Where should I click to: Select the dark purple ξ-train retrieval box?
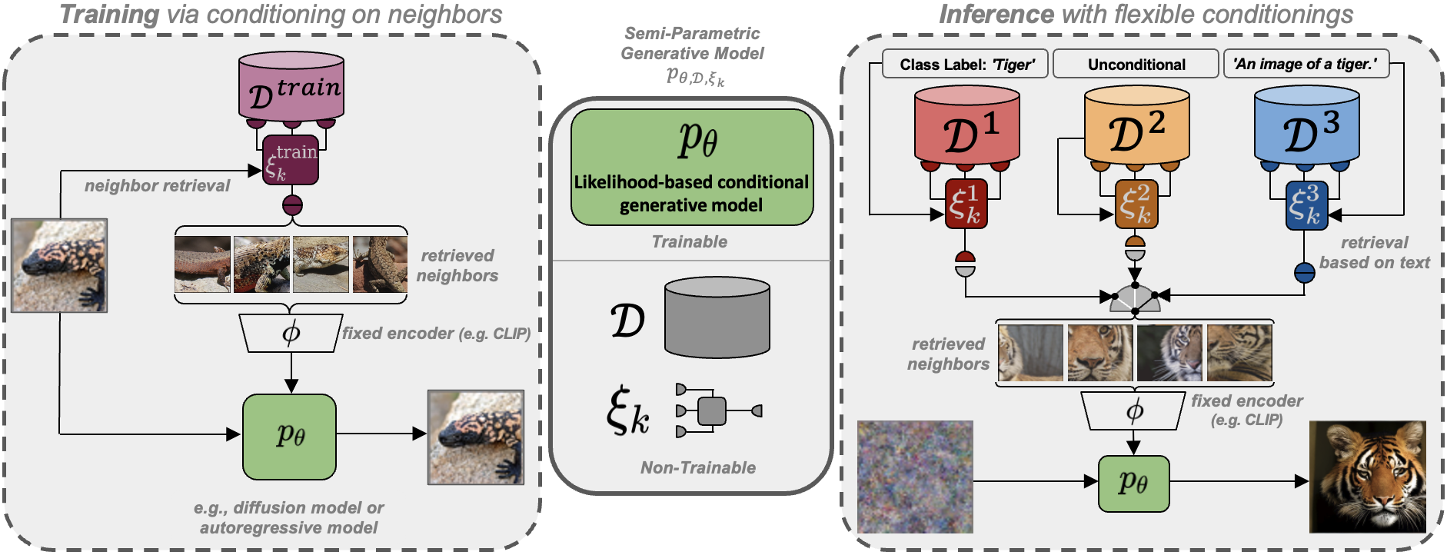tap(291, 161)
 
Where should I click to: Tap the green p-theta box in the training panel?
tap(289, 437)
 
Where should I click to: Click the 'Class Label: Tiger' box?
tap(966, 65)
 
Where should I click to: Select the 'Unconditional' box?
tap(1136, 65)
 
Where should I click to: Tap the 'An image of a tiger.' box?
tap(1306, 64)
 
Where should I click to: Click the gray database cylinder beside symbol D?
tap(717, 317)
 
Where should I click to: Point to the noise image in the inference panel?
tap(915, 477)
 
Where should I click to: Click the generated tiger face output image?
tap(1367, 477)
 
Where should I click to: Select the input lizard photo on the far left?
tap(59, 265)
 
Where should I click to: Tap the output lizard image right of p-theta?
tap(475, 437)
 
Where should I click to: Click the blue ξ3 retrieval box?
tap(1306, 205)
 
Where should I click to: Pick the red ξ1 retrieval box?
tap(966, 205)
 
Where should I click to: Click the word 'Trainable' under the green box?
tap(689, 242)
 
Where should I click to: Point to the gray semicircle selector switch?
tap(1135, 299)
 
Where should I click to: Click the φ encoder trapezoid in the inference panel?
tap(1133, 411)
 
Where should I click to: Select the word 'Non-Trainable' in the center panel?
tap(697, 467)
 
